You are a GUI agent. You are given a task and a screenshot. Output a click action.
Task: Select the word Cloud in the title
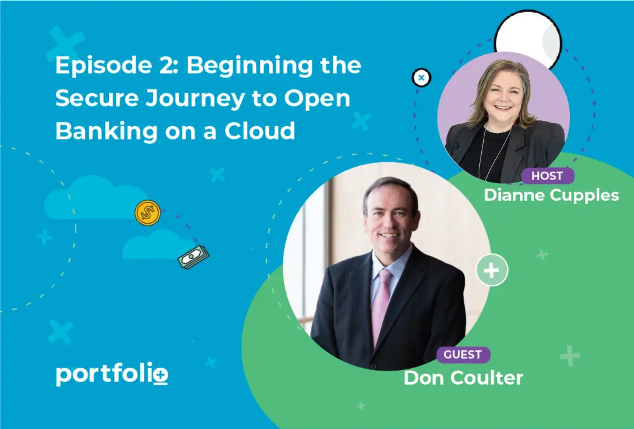tap(259, 131)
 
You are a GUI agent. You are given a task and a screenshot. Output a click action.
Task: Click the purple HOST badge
tap(548, 176)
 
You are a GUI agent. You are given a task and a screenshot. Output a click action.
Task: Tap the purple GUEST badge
tap(463, 355)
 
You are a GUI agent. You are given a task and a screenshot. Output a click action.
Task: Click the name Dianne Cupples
tap(552, 195)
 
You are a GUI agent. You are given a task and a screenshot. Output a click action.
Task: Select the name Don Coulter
tap(463, 378)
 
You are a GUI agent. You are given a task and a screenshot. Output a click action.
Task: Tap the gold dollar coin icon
tap(148, 212)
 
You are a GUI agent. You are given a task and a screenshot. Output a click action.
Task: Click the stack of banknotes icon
tap(193, 257)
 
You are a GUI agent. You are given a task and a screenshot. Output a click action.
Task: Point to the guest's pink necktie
tap(380, 305)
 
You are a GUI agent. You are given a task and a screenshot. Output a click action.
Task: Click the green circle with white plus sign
tap(492, 270)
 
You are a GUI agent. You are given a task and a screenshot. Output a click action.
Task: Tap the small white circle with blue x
tap(422, 77)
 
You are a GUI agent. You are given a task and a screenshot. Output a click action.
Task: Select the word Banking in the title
tap(107, 132)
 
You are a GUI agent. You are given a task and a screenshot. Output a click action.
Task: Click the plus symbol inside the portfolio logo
tap(161, 375)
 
